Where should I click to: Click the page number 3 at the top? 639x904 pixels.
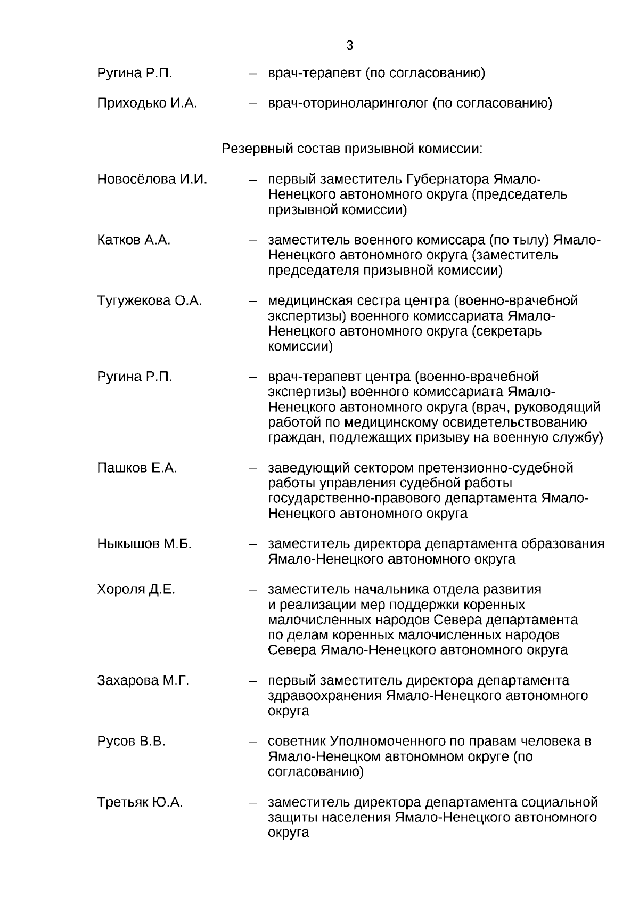(349, 45)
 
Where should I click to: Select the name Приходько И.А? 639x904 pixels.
(147, 103)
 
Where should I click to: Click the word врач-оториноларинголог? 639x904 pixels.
(348, 103)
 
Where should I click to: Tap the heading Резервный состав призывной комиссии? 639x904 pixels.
(351, 149)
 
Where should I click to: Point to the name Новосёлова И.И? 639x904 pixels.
(152, 180)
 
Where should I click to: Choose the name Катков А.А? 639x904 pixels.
(134, 240)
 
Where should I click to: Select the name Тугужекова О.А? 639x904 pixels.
(150, 301)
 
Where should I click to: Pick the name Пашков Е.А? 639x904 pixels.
(137, 468)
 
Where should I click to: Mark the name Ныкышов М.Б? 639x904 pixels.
(144, 544)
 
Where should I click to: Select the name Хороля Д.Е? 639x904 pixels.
(136, 590)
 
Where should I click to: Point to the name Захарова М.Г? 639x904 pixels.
(143, 681)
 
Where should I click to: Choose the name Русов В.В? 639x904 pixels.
(131, 742)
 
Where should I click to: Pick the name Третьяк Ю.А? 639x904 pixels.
(140, 802)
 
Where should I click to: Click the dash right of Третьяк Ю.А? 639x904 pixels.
(253, 802)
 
